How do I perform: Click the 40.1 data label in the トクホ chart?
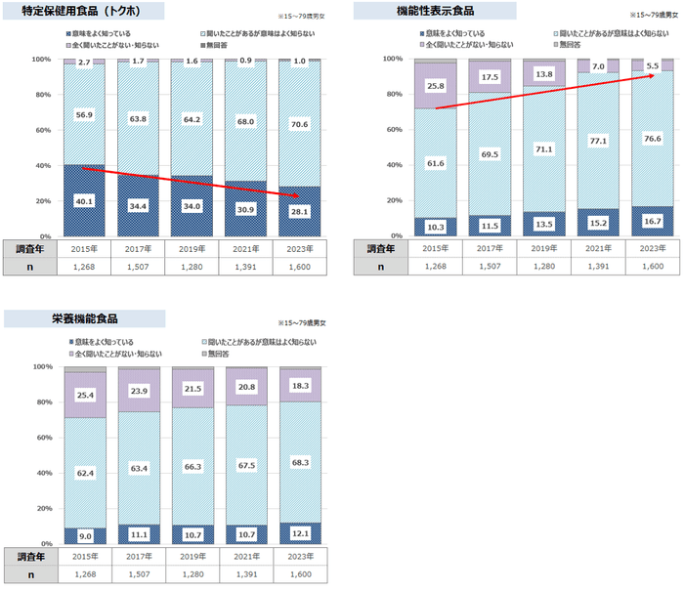(x=85, y=202)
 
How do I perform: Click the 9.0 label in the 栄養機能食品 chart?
(x=85, y=535)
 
